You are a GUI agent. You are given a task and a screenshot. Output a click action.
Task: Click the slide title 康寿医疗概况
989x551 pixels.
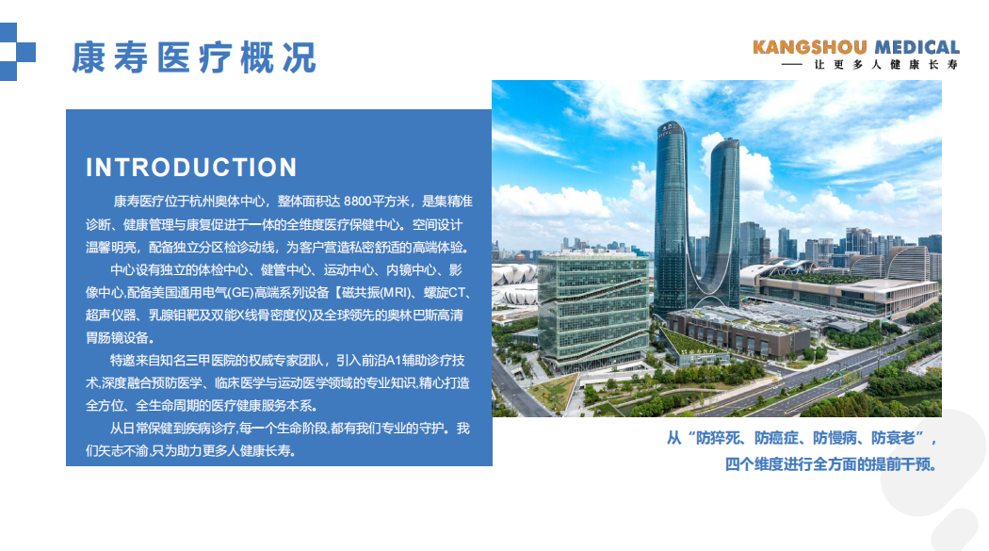pyautogui.click(x=194, y=58)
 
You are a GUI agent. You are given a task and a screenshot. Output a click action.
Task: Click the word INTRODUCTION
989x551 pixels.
pyautogui.click(x=191, y=168)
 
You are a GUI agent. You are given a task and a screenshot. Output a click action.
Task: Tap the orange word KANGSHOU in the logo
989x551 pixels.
pyautogui.click(x=809, y=47)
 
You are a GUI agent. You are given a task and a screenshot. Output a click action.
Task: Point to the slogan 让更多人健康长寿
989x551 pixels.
pyautogui.click(x=885, y=64)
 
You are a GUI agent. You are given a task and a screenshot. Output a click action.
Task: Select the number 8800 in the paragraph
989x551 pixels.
pyautogui.click(x=358, y=202)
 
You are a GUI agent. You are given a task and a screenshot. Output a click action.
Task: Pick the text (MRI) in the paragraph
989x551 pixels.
pyautogui.click(x=395, y=293)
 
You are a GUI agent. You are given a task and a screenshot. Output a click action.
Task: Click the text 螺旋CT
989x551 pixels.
pyautogui.click(x=445, y=293)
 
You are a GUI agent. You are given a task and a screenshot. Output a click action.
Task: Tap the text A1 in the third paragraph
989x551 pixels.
pyautogui.click(x=394, y=360)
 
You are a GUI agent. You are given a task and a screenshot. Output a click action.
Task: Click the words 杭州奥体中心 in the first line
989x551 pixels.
pyautogui.click(x=227, y=202)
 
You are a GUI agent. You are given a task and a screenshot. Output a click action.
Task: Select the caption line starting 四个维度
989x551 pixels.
pyautogui.click(x=831, y=464)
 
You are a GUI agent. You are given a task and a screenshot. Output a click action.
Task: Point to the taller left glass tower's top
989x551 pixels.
pyautogui.click(x=671, y=126)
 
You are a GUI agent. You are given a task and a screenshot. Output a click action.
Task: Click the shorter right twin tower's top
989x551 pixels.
pyautogui.click(x=725, y=145)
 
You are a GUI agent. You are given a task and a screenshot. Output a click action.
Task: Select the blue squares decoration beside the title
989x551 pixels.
pyautogui.click(x=17, y=52)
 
